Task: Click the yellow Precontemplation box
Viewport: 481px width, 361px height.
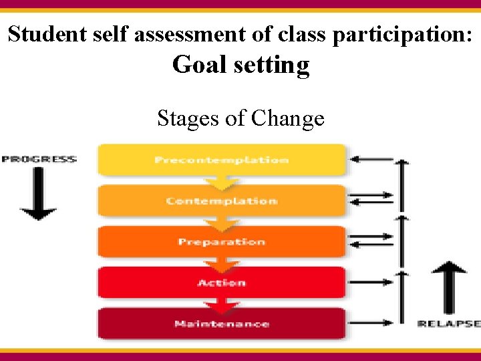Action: point(222,160)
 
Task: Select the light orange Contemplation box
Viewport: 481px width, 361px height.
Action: point(222,201)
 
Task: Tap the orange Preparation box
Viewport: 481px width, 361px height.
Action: point(222,241)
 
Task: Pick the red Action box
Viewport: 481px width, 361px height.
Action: point(222,283)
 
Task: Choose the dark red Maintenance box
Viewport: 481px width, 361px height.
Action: point(222,324)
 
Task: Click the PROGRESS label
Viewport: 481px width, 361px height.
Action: point(39,159)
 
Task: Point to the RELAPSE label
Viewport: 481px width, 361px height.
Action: point(448,324)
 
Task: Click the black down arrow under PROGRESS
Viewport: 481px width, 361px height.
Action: point(38,194)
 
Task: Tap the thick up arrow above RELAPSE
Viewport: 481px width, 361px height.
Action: point(448,287)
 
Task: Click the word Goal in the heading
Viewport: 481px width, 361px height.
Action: point(197,65)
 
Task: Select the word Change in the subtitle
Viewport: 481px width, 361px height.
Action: point(288,119)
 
